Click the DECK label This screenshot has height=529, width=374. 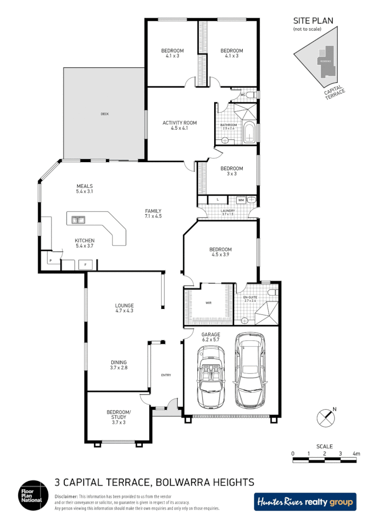coord(104,114)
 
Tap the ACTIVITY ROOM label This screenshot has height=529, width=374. coord(180,123)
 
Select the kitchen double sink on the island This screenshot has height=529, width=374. coord(78,219)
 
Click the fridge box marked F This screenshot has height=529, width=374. coord(85,264)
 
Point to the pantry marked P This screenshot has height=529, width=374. coord(50,261)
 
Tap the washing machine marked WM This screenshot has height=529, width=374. coord(241,200)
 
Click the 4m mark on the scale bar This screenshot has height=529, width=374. coord(356,454)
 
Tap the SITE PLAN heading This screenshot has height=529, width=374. coord(313,20)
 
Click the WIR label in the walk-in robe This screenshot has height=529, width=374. coord(209,302)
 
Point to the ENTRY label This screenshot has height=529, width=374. coord(166,375)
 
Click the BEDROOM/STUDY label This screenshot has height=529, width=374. coord(118,415)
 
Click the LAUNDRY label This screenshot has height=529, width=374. coord(227,211)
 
